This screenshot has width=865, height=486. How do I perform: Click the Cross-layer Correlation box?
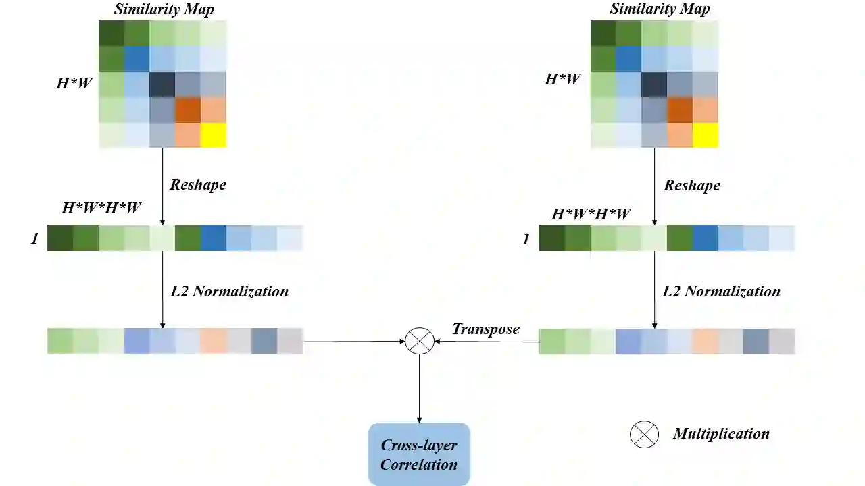click(x=419, y=454)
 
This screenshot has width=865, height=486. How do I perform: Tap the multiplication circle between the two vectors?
click(x=419, y=341)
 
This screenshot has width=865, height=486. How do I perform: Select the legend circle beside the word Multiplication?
click(x=644, y=434)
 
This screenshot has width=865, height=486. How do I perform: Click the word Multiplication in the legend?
click(x=721, y=434)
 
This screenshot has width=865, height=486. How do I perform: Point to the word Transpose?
click(x=486, y=329)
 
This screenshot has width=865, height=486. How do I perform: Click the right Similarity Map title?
click(x=660, y=9)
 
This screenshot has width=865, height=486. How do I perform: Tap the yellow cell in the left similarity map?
click(x=213, y=134)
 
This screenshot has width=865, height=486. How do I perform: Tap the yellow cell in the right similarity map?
click(x=705, y=134)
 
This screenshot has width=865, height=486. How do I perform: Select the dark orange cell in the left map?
click(x=188, y=109)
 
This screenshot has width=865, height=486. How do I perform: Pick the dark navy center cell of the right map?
click(x=654, y=84)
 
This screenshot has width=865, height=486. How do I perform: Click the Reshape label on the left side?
click(x=198, y=185)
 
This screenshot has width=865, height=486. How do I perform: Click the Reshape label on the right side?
click(x=692, y=185)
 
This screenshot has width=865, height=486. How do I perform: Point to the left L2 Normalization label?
click(x=229, y=291)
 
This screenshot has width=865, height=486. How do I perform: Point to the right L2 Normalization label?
click(x=721, y=291)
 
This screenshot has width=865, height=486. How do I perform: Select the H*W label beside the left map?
click(x=74, y=84)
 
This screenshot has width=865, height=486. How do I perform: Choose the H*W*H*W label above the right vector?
click(x=591, y=214)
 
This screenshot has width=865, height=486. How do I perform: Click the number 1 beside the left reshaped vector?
click(x=34, y=238)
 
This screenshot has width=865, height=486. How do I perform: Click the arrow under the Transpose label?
click(x=487, y=342)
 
